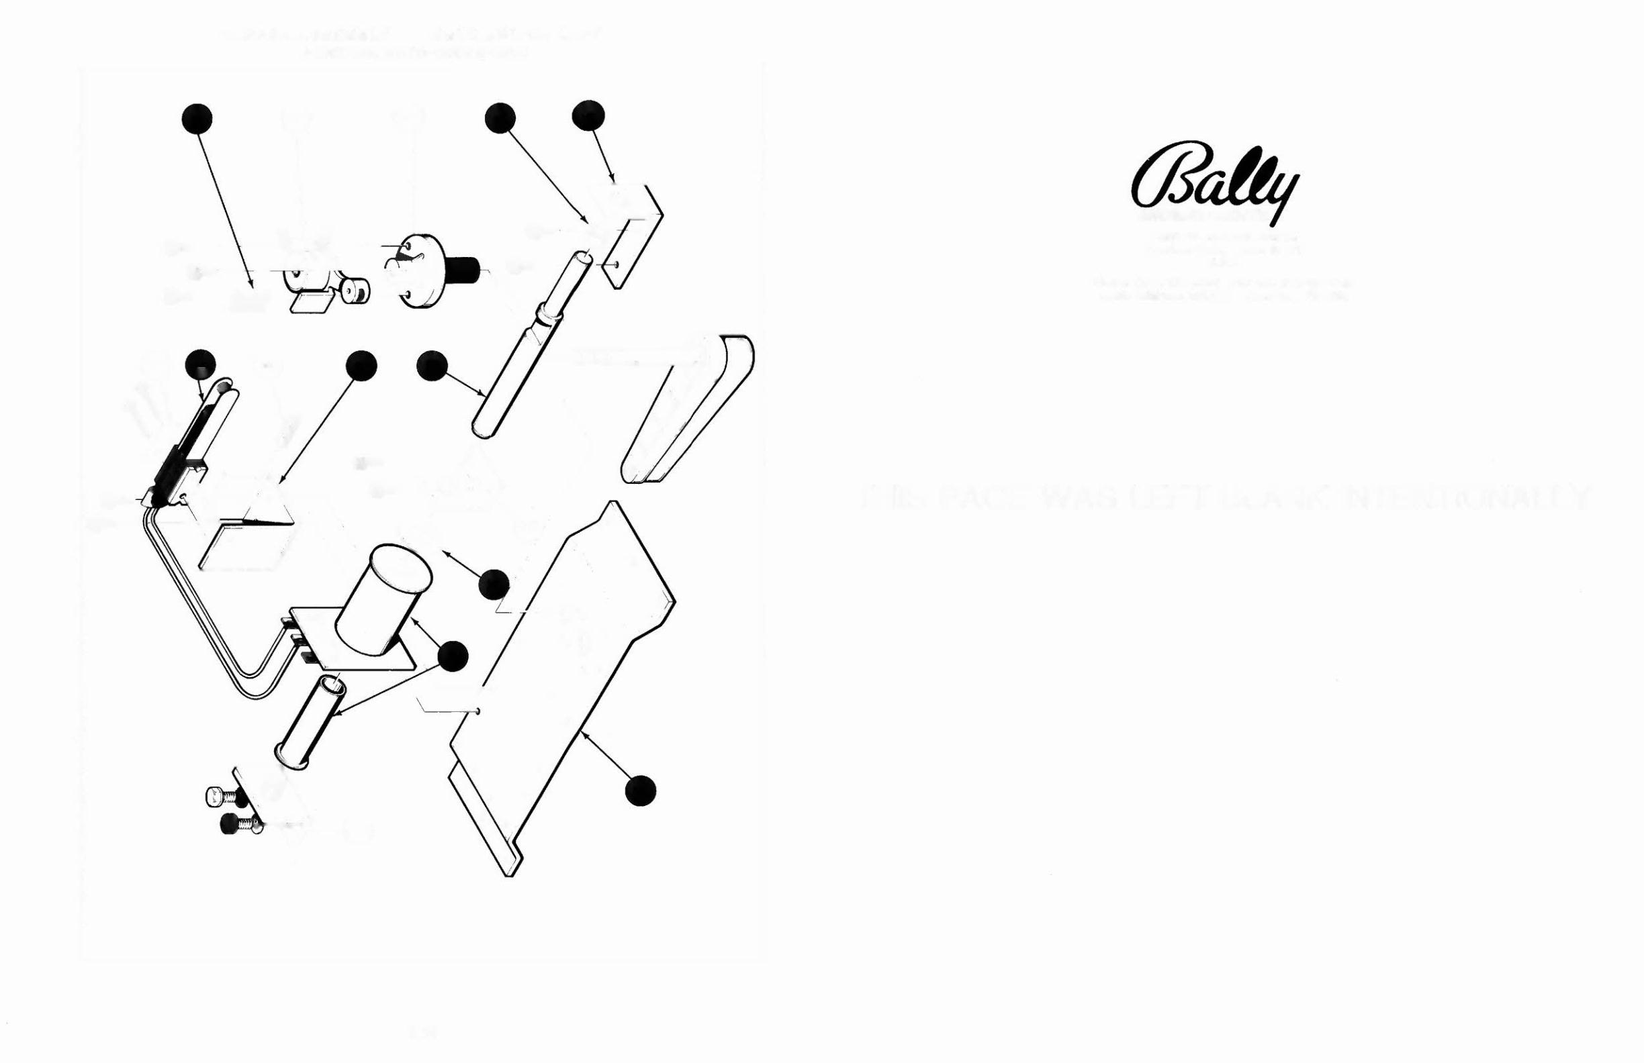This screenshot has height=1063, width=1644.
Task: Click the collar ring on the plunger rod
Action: click(x=551, y=317)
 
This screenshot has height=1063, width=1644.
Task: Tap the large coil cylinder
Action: click(x=383, y=601)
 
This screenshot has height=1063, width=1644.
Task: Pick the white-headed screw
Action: click(x=219, y=797)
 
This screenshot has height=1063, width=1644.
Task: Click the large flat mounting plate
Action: click(x=559, y=691)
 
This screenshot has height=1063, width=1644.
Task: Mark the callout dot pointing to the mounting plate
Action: click(x=639, y=791)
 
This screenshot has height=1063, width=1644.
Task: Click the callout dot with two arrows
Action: click(x=453, y=656)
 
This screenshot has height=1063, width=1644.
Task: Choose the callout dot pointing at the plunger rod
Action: click(x=432, y=366)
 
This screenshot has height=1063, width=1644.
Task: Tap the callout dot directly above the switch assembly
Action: click(x=200, y=364)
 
